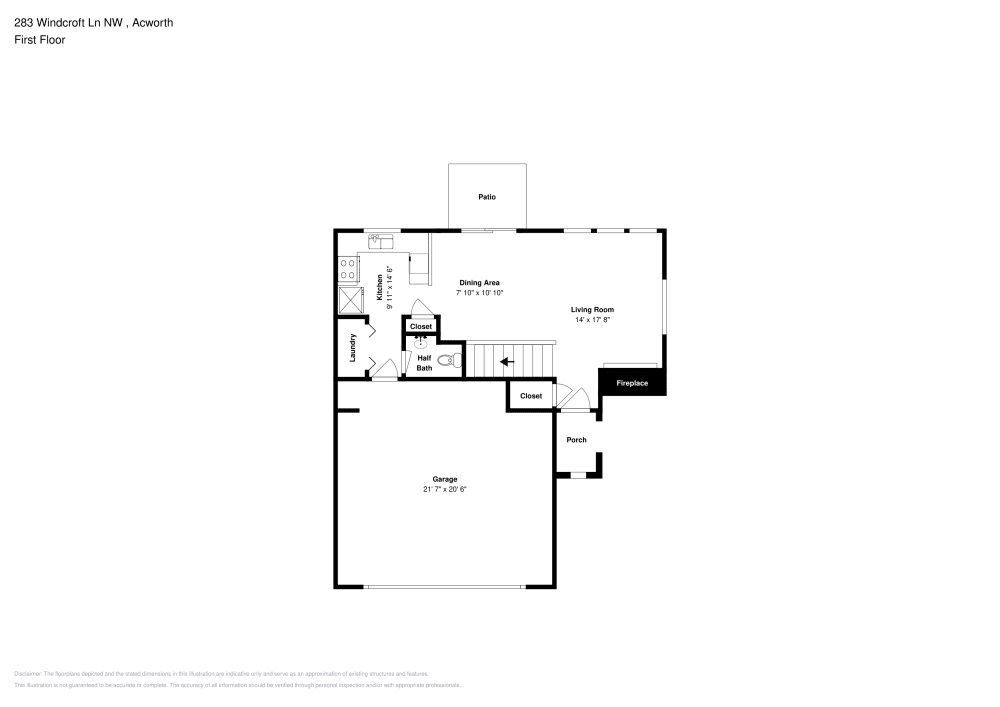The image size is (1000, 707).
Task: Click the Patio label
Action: click(487, 197)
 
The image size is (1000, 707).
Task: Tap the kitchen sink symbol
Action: click(382, 240)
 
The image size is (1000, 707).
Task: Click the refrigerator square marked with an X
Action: click(351, 300)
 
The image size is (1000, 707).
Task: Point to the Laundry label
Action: click(353, 347)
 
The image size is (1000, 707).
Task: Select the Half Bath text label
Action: click(424, 363)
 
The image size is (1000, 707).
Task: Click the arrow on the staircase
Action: click(507, 361)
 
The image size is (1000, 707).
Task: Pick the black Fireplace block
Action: click(632, 383)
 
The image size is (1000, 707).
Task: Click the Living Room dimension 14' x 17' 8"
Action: click(592, 320)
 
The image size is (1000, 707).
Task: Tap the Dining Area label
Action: click(479, 283)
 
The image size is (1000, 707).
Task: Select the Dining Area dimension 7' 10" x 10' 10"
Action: click(479, 293)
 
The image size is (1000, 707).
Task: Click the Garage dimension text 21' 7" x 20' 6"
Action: click(445, 489)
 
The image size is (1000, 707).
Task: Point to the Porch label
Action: click(576, 440)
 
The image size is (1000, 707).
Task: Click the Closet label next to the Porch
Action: click(531, 396)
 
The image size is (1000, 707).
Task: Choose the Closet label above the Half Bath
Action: click(421, 326)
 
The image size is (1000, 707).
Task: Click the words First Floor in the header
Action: click(40, 40)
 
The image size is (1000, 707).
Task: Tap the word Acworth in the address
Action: click(153, 22)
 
